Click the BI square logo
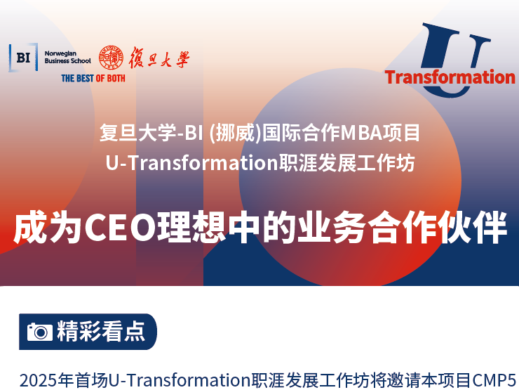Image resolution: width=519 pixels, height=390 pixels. (23, 58)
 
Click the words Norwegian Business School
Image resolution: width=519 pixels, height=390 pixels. (67, 58)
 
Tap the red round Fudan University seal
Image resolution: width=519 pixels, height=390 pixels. (112, 58)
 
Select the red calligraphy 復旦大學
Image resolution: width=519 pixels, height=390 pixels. (159, 58)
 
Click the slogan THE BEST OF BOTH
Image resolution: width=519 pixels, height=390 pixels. (93, 78)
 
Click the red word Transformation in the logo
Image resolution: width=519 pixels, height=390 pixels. (450, 77)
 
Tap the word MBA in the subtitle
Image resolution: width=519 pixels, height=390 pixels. (361, 133)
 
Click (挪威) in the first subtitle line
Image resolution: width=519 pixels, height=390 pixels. (236, 133)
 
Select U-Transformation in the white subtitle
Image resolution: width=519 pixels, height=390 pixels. (192, 163)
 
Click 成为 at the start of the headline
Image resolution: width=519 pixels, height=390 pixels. (48, 227)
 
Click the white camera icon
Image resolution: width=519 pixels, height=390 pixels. (40, 332)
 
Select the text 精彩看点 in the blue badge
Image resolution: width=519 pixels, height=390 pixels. (101, 331)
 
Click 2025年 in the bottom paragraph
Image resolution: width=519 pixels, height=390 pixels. (47, 380)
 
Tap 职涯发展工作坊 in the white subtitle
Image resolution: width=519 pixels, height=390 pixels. (347, 163)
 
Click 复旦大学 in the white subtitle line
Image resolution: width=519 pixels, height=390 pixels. (138, 133)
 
